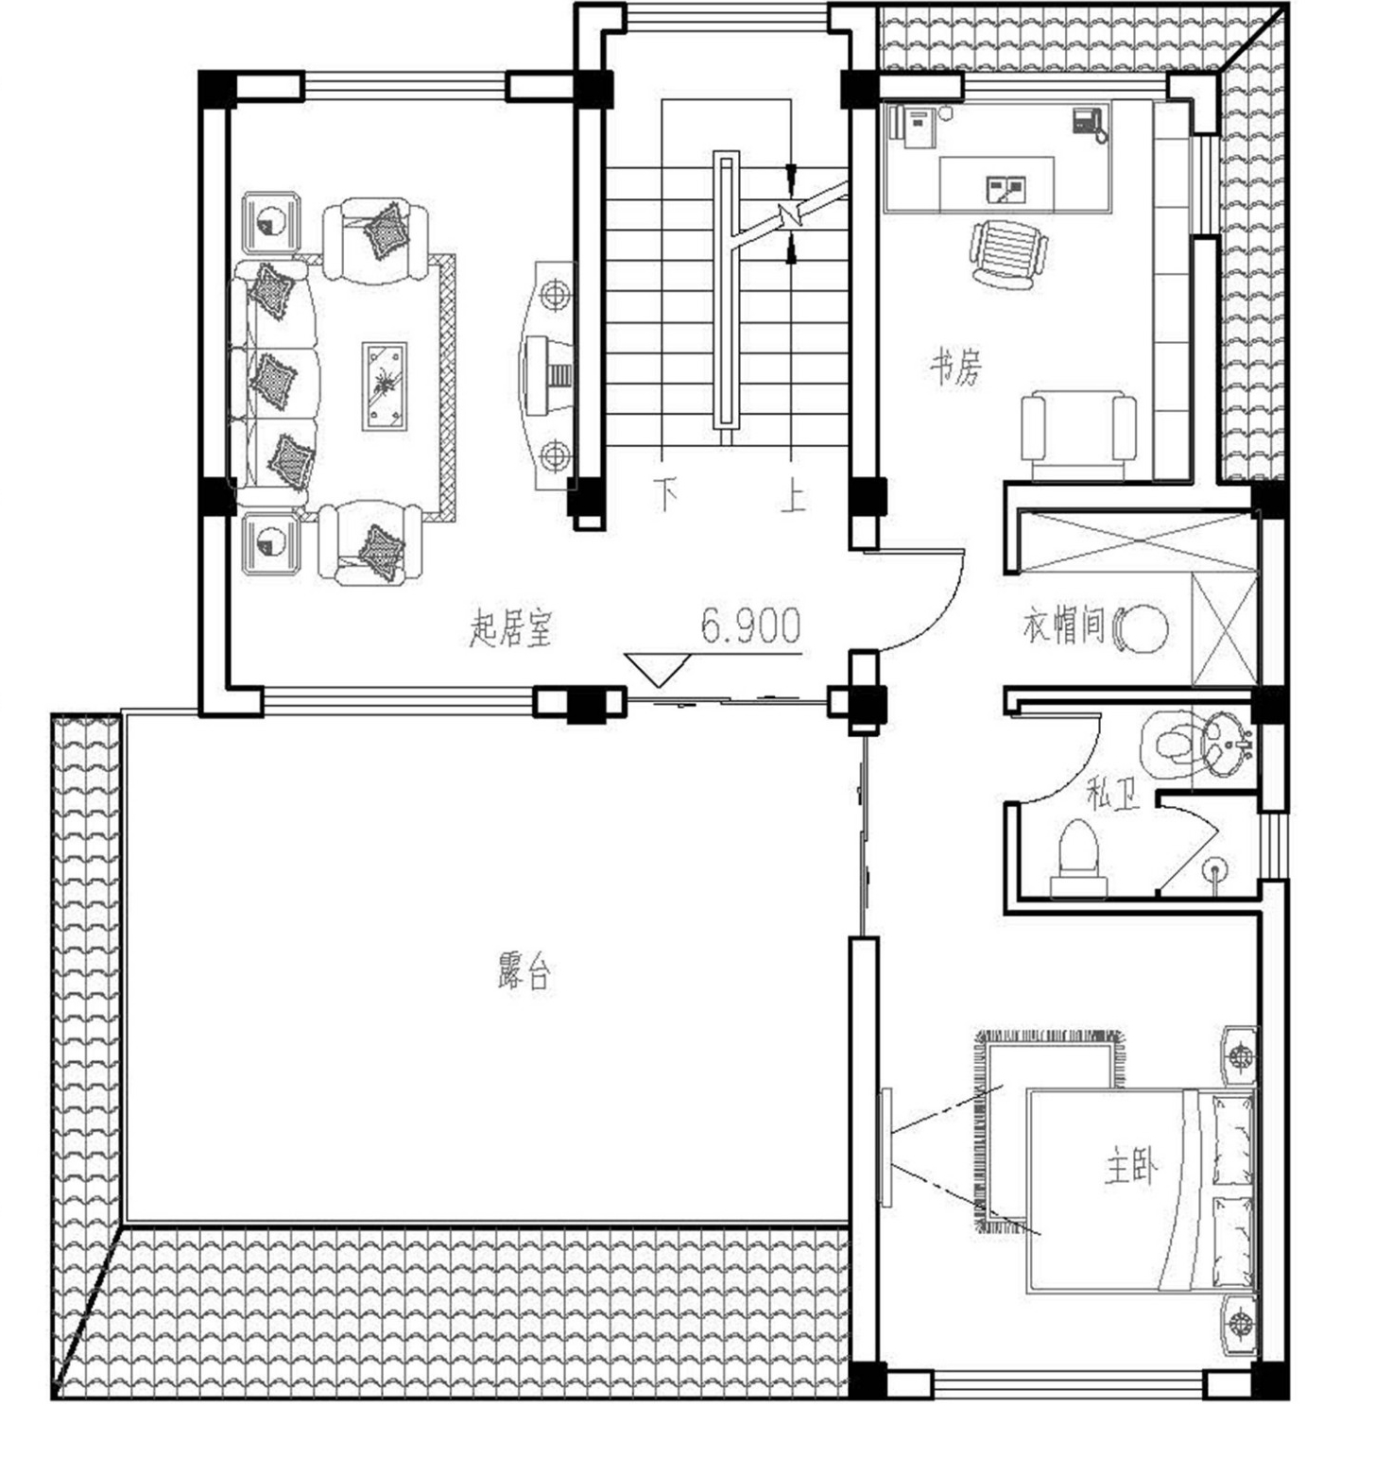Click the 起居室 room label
coord(510,628)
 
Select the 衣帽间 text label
coord(1064,626)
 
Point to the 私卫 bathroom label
coord(1112,794)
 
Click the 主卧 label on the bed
coord(1130,1168)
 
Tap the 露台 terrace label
coord(524,972)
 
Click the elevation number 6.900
coord(750,626)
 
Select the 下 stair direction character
coord(667,495)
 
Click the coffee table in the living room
coord(385,386)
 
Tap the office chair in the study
coord(1008,251)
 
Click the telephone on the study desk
coord(1089,124)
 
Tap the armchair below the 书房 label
coord(1078,438)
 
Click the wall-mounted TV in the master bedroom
coord(885,1147)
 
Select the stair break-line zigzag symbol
coord(790,214)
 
